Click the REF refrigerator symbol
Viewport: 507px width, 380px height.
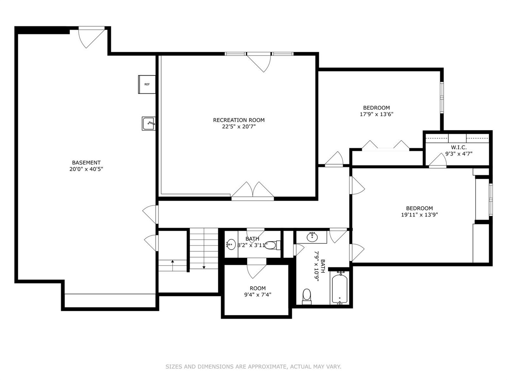point(147,84)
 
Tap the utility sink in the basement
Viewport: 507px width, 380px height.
point(149,123)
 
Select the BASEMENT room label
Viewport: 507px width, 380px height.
point(86,162)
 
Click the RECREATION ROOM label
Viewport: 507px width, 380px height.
point(238,120)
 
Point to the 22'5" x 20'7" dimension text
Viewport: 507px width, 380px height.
point(238,127)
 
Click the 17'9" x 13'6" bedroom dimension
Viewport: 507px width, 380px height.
point(376,114)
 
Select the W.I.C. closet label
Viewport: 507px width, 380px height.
point(459,147)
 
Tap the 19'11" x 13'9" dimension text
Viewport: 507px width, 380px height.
point(419,215)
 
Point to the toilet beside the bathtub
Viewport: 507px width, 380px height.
point(307,296)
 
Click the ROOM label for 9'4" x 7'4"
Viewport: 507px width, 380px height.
point(257,288)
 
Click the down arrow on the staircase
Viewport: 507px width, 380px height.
point(204,267)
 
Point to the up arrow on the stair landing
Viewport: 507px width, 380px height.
point(172,262)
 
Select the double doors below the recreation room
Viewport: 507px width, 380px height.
point(253,191)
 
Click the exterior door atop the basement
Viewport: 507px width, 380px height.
point(91,37)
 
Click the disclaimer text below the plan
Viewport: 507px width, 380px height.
point(253,367)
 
